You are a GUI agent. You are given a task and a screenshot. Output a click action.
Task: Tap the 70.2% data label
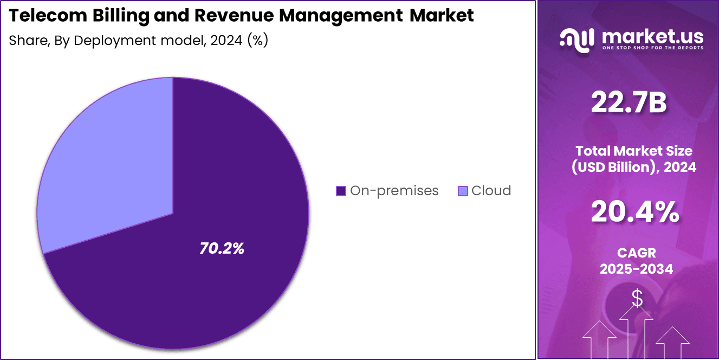tap(222, 249)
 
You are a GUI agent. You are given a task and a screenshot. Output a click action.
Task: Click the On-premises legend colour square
tap(341, 191)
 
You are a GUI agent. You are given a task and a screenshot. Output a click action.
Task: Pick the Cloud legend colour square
tap(463, 191)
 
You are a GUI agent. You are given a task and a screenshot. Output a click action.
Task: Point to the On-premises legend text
tap(394, 191)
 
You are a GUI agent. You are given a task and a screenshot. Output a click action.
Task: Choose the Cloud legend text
tap(491, 191)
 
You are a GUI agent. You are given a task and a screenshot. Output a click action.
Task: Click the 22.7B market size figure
tap(629, 102)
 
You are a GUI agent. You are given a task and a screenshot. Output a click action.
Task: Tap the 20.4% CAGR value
tap(634, 212)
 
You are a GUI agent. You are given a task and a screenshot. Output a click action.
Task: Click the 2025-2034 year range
tap(636, 268)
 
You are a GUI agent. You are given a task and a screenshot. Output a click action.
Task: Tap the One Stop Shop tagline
tap(652, 48)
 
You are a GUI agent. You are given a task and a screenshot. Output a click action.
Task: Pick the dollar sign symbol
tap(637, 298)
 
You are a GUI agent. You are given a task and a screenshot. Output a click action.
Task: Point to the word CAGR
tap(636, 252)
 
